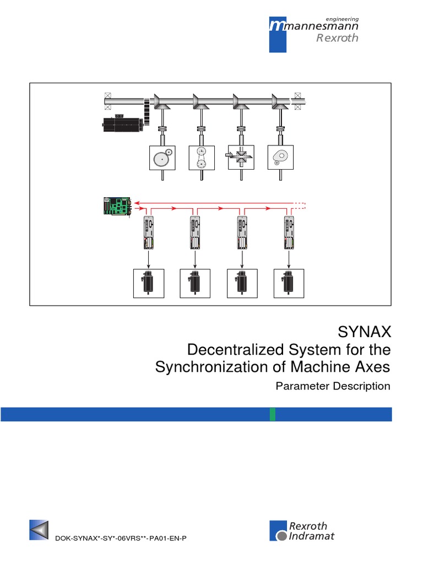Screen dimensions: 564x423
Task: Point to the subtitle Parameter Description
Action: point(332,386)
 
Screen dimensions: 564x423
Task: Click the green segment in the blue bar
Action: point(273,414)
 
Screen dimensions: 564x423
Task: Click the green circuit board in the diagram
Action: point(115,205)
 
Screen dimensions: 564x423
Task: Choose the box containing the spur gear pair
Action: point(164,159)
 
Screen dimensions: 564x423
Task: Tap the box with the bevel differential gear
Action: point(241,159)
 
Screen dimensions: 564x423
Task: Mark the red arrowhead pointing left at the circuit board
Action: point(137,203)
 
